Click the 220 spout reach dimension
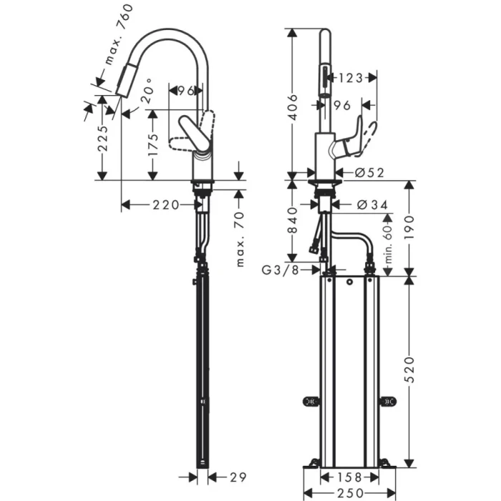pyautogui.click(x=165, y=205)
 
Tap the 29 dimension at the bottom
pyautogui.click(x=238, y=476)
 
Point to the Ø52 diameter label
pyautogui.click(x=370, y=172)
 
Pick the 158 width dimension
pyautogui.click(x=349, y=476)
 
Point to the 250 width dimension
pyautogui.click(x=350, y=492)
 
